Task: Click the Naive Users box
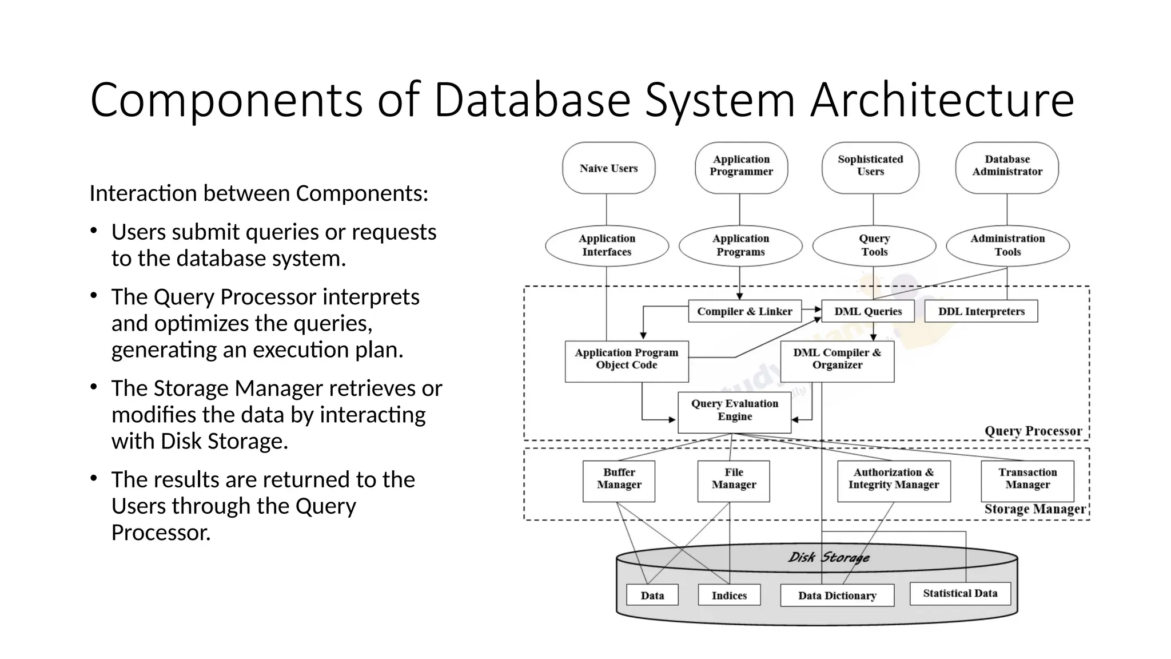(x=608, y=168)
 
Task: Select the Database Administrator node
(x=1007, y=166)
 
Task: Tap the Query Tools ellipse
(x=874, y=245)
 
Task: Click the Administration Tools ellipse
(x=1007, y=245)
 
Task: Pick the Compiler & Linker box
(x=744, y=311)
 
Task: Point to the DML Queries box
(x=867, y=311)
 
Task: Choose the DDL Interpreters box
(x=981, y=311)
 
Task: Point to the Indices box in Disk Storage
(x=729, y=595)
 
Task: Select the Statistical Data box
(x=959, y=593)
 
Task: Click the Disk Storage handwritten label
(x=829, y=557)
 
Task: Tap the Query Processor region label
(x=1033, y=431)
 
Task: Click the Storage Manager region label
(x=1034, y=509)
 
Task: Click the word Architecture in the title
(x=942, y=100)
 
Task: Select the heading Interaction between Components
(x=258, y=193)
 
